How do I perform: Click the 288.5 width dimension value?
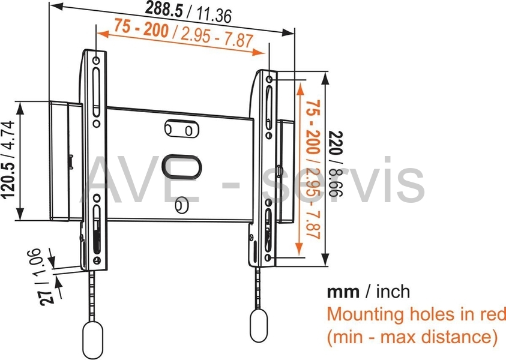164,9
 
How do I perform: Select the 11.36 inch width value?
214,15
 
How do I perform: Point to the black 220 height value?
336,143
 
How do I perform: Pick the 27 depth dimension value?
47,297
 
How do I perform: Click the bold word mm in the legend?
343,292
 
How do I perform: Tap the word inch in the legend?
393,292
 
